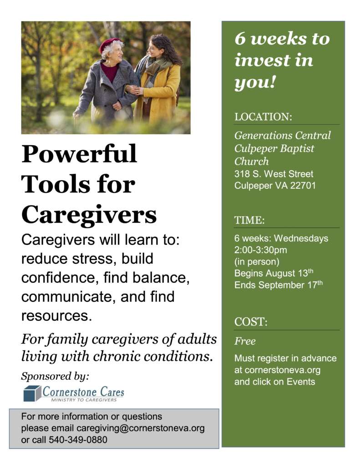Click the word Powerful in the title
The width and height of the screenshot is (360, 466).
point(79,153)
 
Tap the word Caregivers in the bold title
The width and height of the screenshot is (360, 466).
point(89,215)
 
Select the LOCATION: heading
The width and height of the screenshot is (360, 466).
point(263,117)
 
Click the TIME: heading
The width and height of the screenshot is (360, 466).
point(249,220)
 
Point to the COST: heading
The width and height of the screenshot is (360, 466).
point(251,322)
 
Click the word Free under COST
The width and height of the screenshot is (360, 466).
point(245,341)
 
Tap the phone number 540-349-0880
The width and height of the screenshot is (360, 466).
point(78,440)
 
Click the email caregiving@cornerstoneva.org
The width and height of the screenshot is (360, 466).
point(140,428)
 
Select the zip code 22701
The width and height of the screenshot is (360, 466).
point(303,186)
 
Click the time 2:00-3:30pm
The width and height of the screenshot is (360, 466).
point(260,250)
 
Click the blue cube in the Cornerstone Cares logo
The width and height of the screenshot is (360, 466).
point(32,393)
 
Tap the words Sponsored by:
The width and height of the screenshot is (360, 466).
point(55,376)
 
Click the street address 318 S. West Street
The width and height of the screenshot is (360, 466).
point(274,173)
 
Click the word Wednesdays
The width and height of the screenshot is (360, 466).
point(301,238)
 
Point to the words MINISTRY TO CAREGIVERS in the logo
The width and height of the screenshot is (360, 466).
point(84,400)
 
